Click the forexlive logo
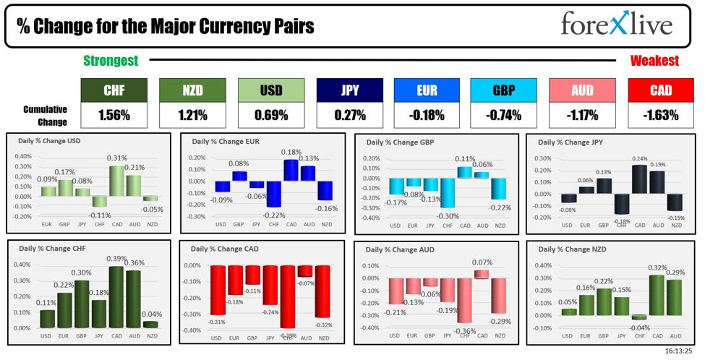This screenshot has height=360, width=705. click(x=616, y=25)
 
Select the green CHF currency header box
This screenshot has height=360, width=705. click(x=114, y=90)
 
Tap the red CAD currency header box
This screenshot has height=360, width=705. click(x=660, y=90)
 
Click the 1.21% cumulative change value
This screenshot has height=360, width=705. click(x=192, y=114)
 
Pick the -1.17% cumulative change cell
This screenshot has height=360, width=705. click(x=581, y=114)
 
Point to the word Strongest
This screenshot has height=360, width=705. click(x=111, y=61)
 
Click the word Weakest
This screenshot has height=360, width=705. click(x=654, y=61)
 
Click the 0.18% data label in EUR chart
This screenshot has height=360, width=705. click(x=291, y=153)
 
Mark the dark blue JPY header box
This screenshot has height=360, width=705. click(x=349, y=90)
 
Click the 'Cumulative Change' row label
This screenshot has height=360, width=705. click(x=45, y=114)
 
